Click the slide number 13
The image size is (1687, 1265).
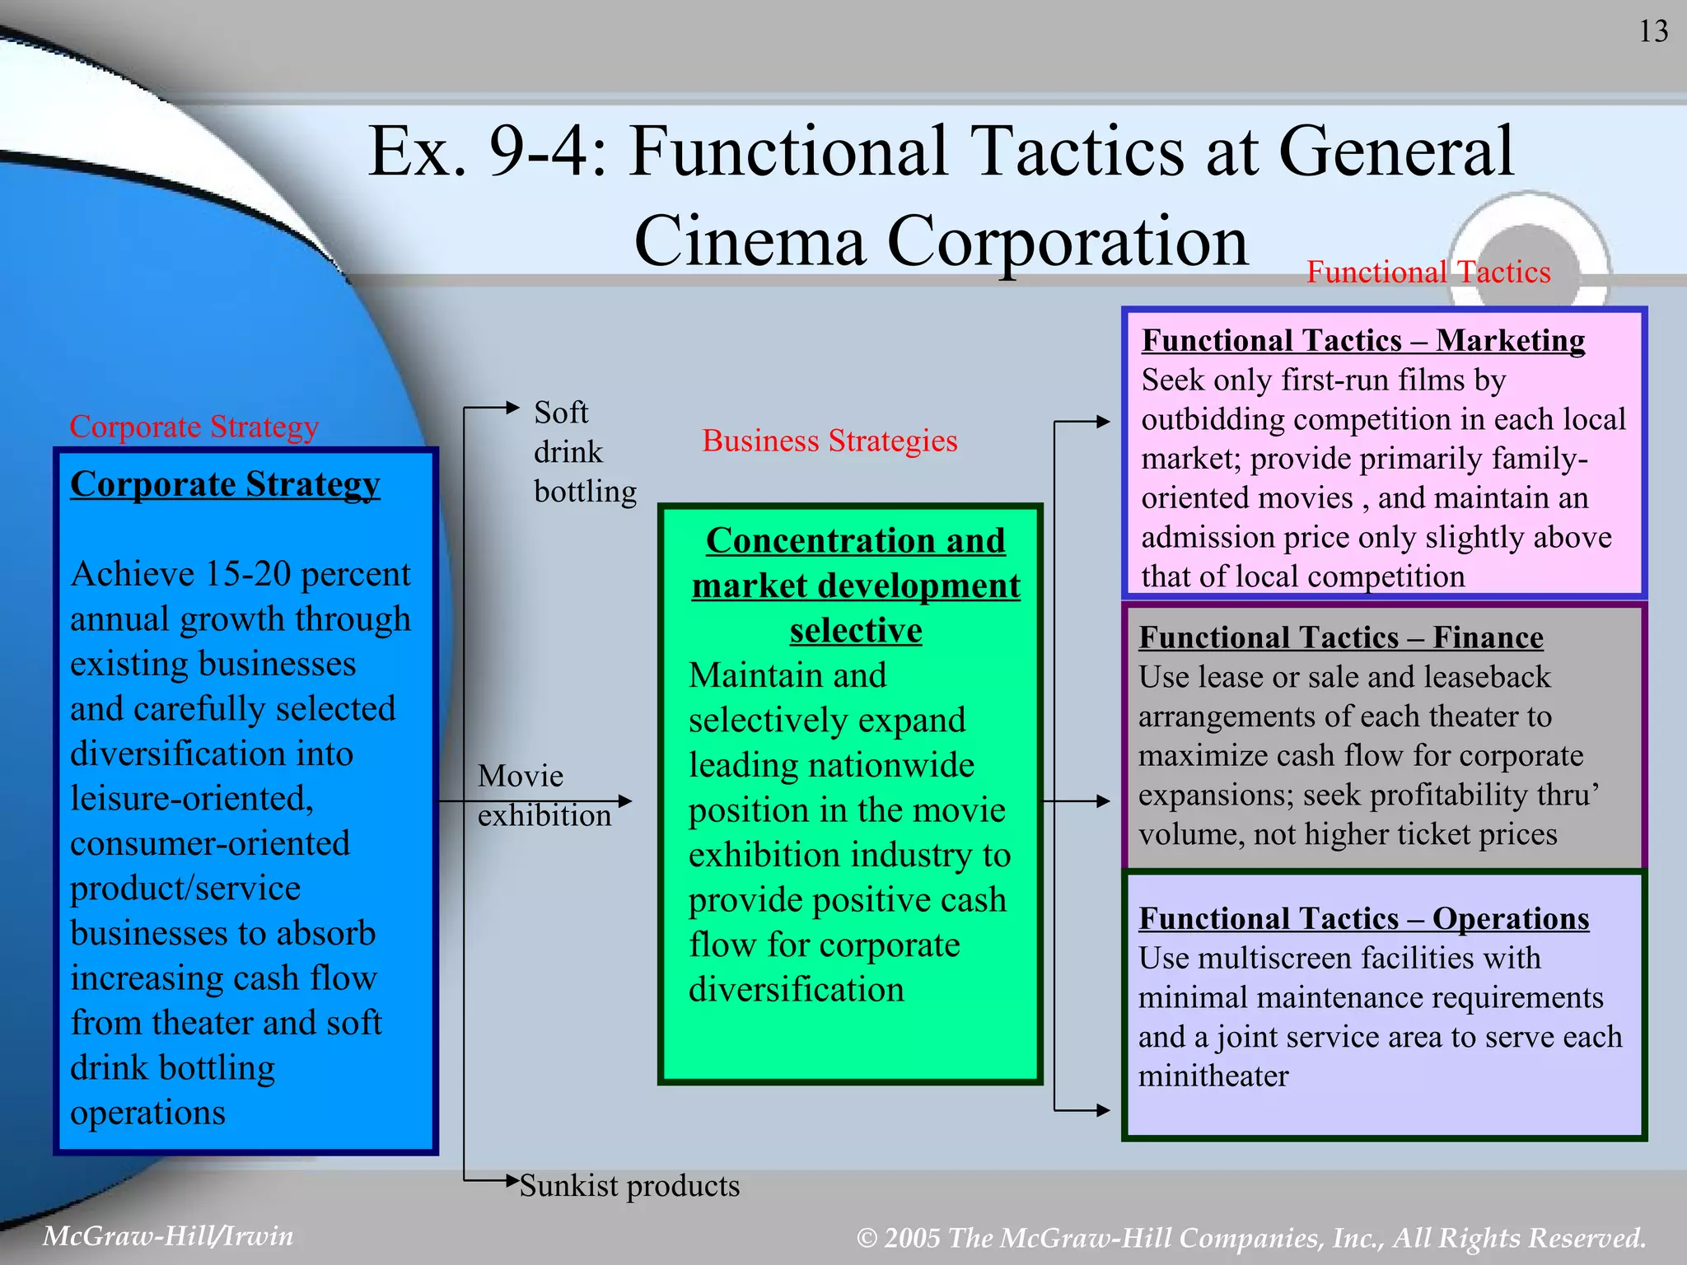[1653, 32]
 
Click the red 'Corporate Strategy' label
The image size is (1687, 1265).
[194, 427]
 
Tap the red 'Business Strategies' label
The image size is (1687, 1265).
[829, 441]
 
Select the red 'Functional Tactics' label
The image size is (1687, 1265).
[1428, 272]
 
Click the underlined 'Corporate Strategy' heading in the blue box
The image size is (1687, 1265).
[225, 484]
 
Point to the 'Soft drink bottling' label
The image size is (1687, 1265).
[584, 451]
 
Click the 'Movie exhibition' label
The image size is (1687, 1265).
[544, 796]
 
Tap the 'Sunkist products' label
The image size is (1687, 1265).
[629, 1186]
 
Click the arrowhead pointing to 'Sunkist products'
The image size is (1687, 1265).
[512, 1181]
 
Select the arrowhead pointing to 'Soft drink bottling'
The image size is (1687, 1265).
[512, 408]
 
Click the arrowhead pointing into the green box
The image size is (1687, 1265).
[624, 801]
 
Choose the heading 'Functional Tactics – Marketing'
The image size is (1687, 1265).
[1363, 340]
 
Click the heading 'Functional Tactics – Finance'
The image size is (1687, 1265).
[1341, 637]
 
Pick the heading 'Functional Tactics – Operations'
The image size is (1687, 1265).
[1363, 918]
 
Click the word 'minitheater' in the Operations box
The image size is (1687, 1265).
[1213, 1076]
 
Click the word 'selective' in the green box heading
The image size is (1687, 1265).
[856, 631]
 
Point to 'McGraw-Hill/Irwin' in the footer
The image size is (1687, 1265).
[168, 1235]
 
